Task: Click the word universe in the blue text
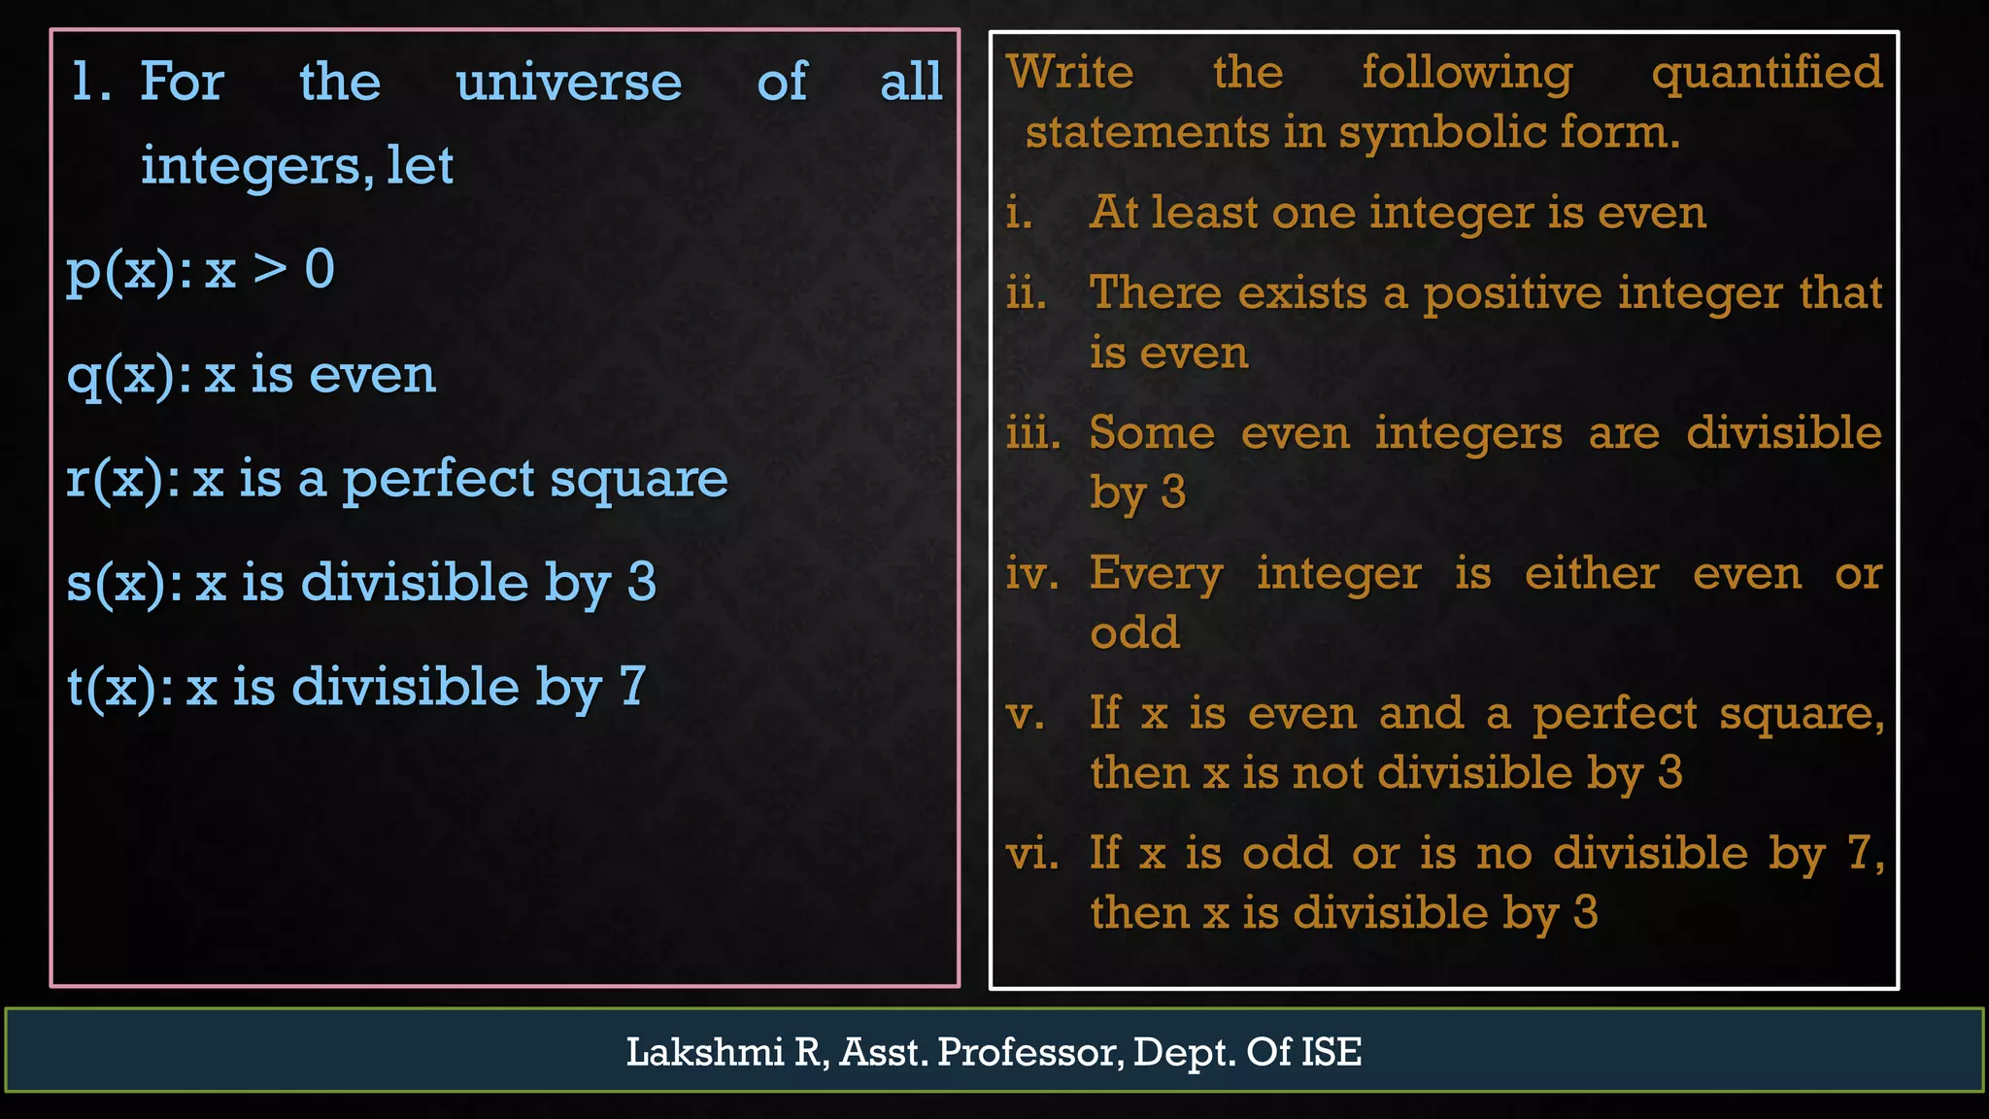568,82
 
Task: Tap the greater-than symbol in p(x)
270,269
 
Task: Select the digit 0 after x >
320,269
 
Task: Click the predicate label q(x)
129,375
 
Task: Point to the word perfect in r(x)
438,480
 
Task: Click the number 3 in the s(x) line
642,583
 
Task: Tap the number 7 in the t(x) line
632,687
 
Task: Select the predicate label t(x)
119,688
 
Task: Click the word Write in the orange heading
1069,73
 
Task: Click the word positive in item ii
1512,294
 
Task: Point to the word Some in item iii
1152,433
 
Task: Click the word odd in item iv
1134,633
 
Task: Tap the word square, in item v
1802,715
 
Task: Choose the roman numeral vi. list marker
1031,855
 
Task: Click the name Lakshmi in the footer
704,1052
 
